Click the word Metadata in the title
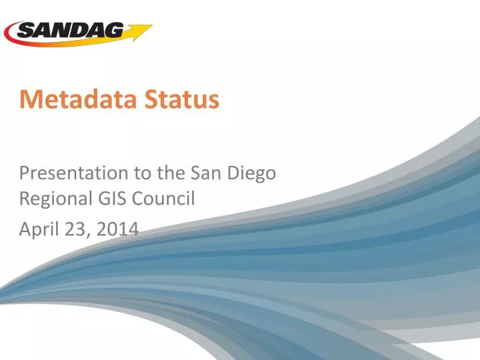click(74, 100)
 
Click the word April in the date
click(39, 230)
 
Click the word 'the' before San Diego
click(173, 173)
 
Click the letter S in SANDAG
click(26, 31)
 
